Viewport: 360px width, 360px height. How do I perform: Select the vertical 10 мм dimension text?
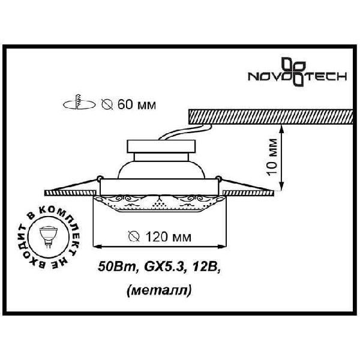click(x=272, y=157)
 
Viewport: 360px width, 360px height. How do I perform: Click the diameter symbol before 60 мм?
click(x=107, y=104)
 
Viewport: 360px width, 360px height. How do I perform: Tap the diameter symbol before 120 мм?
click(x=134, y=237)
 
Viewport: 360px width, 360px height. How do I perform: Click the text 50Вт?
click(x=118, y=267)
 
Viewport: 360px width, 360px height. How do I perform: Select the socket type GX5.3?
click(x=164, y=267)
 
